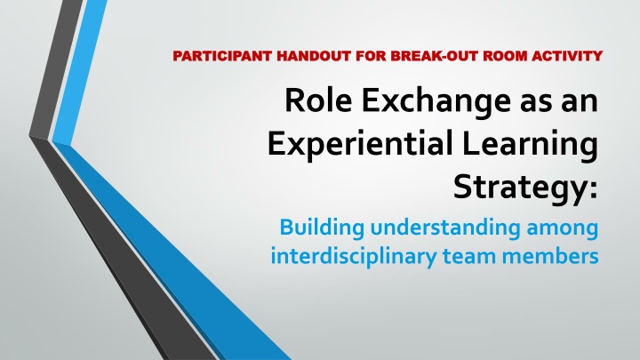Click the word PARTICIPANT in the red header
(222, 55)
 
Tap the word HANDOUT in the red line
(314, 55)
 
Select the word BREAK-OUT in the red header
(435, 55)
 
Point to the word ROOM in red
(505, 55)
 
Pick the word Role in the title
(318, 100)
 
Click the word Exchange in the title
(436, 102)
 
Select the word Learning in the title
(530, 145)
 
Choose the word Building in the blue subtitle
(322, 228)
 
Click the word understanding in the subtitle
(445, 228)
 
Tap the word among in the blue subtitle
(563, 230)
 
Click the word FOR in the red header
(371, 55)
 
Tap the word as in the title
(535, 103)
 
